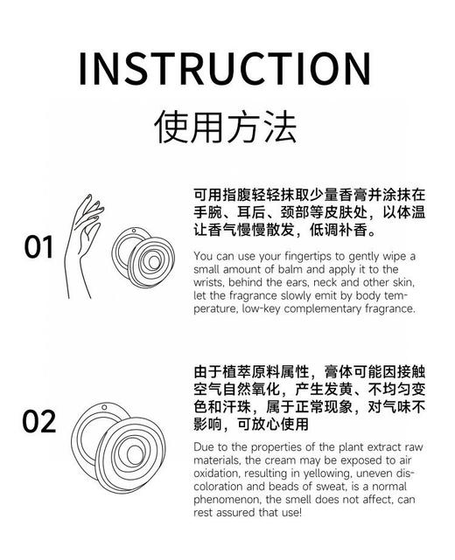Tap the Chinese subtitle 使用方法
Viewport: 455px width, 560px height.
click(x=226, y=127)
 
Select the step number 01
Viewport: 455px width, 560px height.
click(x=39, y=247)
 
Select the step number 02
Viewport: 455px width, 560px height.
click(x=39, y=422)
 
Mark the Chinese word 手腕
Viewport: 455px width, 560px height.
click(x=209, y=212)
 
